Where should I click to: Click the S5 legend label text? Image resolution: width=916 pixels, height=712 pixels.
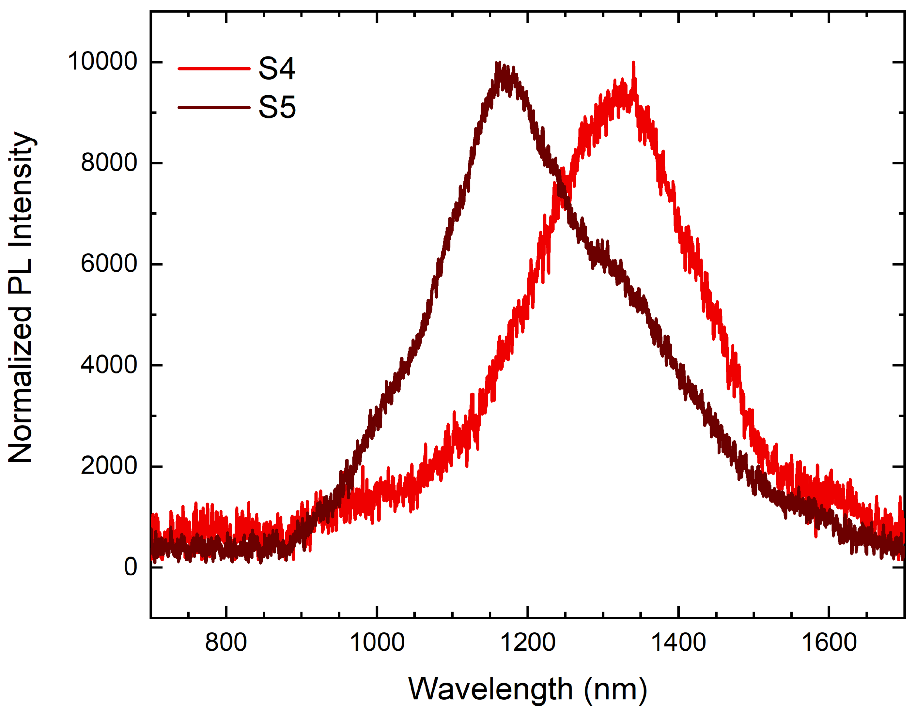pos(277,107)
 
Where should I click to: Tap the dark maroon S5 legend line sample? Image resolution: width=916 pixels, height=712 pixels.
pos(214,107)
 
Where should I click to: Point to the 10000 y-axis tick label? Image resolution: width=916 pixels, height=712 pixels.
pos(102,62)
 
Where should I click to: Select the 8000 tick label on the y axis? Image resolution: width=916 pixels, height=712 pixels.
pos(109,163)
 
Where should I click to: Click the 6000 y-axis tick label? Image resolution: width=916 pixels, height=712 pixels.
pos(109,264)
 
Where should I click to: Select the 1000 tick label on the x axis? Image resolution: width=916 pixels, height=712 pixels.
pos(377,643)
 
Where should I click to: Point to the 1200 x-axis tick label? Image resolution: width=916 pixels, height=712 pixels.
pos(528,643)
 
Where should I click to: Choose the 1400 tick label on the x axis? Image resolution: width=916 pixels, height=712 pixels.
pos(678,643)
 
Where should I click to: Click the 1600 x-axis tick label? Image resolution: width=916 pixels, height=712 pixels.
pos(829,643)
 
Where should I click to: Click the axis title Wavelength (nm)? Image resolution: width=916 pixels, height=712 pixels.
pos(527,689)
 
